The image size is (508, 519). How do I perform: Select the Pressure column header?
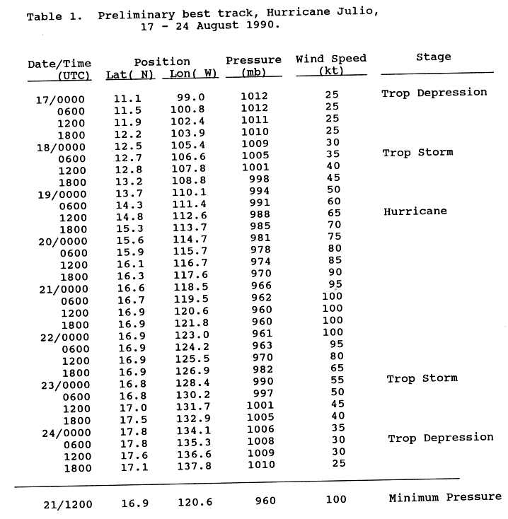coord(253,60)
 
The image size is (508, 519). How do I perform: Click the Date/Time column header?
coord(59,64)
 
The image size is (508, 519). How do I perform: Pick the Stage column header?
coord(435,57)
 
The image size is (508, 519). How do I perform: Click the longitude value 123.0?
coord(188,336)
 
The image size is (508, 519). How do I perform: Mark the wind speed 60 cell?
coord(333,202)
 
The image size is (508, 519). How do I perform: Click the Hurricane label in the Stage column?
coord(415,211)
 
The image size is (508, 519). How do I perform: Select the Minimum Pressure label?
coord(445,498)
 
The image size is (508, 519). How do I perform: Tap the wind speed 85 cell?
coord(333,260)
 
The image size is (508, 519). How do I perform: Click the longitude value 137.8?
coord(188,467)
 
